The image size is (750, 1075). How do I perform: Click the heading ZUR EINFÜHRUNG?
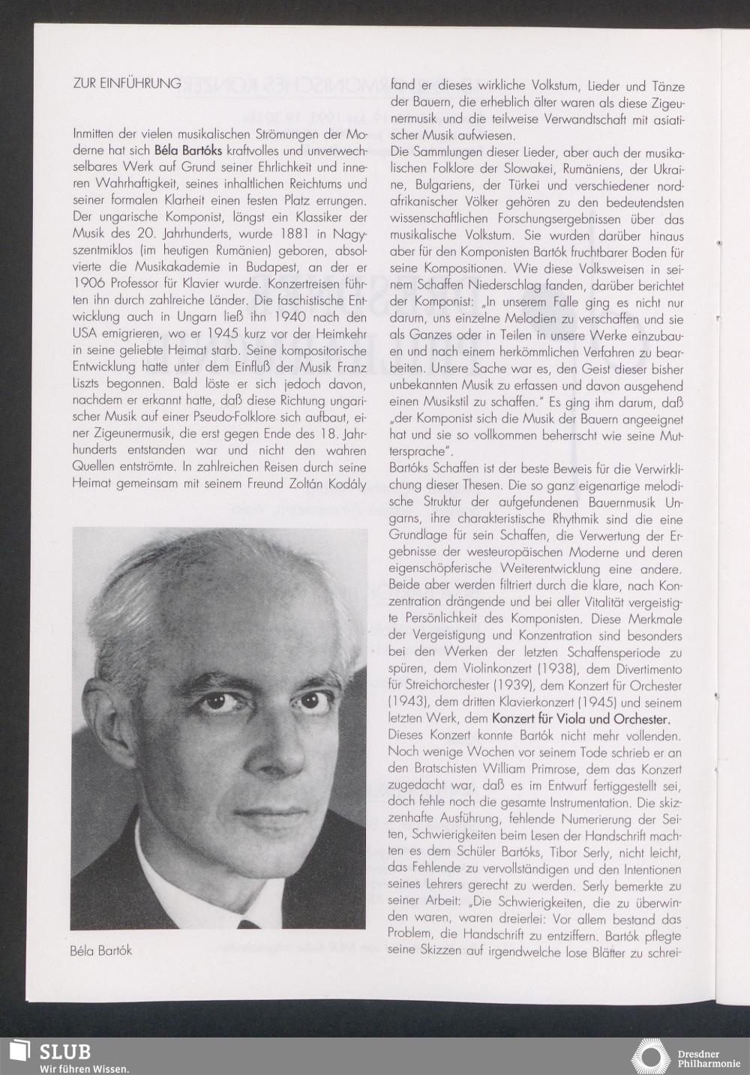tap(127, 83)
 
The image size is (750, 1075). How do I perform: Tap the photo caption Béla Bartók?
tap(100, 951)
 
